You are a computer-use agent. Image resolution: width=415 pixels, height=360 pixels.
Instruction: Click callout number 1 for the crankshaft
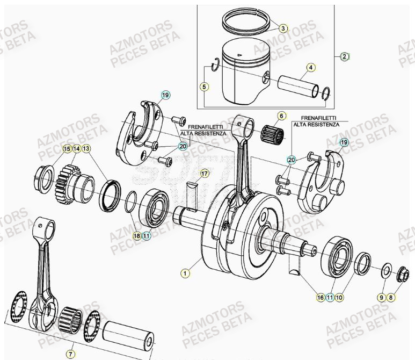pos(185,273)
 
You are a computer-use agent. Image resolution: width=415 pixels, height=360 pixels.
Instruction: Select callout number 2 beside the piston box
pos(345,56)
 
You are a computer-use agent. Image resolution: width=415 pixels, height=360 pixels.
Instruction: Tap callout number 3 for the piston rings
pos(283,28)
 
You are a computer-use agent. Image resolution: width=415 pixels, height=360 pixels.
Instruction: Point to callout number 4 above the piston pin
pos(310,68)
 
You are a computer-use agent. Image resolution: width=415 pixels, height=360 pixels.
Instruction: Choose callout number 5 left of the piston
pos(204,86)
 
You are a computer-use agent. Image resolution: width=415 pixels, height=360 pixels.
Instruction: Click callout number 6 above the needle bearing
pos(280,116)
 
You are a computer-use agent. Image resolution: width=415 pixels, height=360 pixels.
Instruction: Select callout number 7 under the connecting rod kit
pos(70,354)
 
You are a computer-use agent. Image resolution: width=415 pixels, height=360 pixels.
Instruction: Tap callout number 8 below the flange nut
pos(391,297)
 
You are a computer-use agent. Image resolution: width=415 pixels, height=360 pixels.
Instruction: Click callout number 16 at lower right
pos(320,297)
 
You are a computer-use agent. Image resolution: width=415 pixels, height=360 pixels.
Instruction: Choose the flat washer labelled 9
pos(386,270)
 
